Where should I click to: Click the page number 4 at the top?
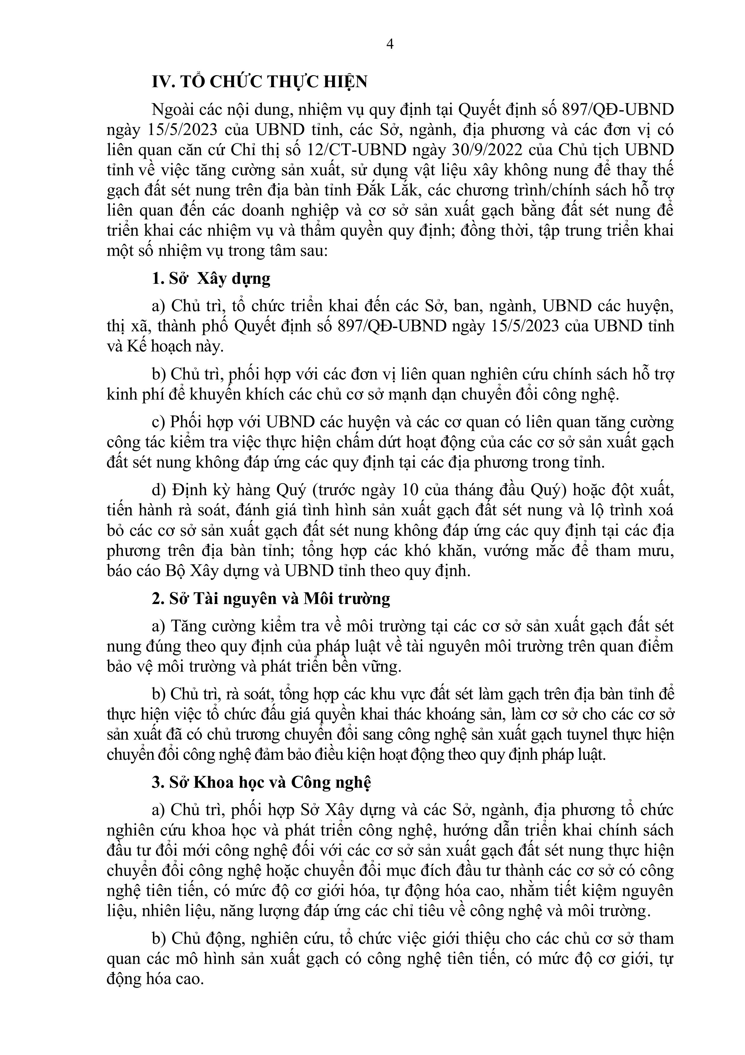[x=391, y=44]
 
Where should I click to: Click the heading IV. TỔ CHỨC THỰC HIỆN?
[x=260, y=82]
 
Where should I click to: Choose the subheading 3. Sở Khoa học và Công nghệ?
[x=261, y=783]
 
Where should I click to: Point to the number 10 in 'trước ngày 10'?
[x=410, y=490]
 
